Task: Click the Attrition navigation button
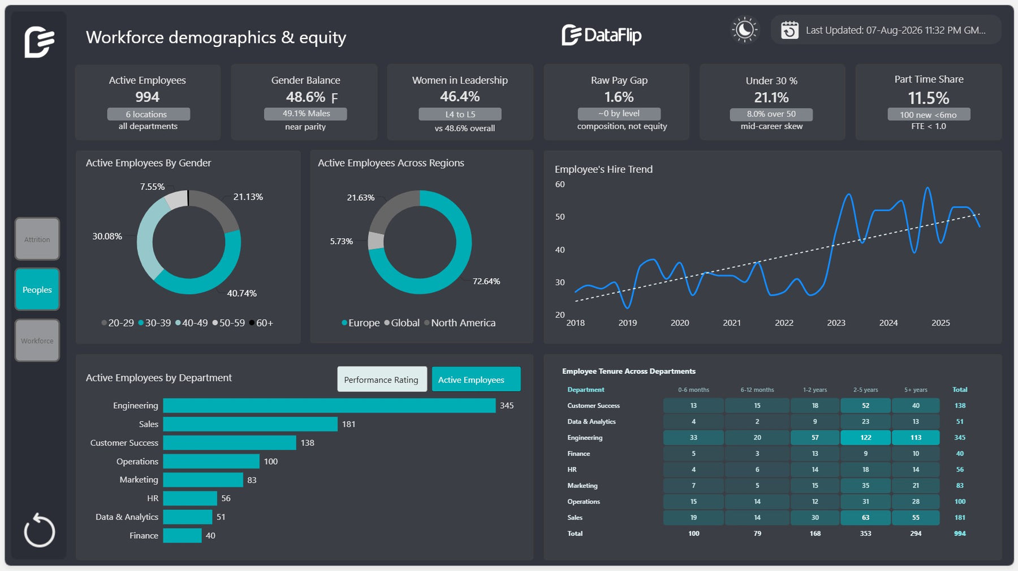(x=37, y=239)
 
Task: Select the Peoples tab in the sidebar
(x=37, y=289)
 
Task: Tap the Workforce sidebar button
(x=37, y=340)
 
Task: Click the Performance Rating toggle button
(x=381, y=379)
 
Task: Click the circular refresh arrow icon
(x=40, y=530)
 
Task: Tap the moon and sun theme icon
(x=744, y=29)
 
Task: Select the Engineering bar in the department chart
(x=329, y=405)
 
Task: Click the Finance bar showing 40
(x=182, y=535)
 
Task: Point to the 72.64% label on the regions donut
(x=486, y=281)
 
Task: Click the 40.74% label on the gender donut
(x=242, y=293)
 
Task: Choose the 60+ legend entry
(x=261, y=323)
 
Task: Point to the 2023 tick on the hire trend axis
(x=836, y=323)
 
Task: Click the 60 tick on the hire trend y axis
(x=560, y=184)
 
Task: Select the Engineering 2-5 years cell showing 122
(x=866, y=438)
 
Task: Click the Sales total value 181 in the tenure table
(x=960, y=517)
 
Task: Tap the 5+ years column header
(x=916, y=390)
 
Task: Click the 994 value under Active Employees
(x=148, y=97)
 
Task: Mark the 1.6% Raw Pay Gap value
(x=619, y=97)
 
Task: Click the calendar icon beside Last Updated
(x=790, y=30)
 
